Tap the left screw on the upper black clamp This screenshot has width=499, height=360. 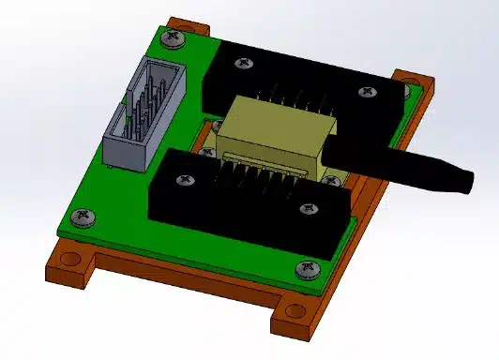[x=244, y=64]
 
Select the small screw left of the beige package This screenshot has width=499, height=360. [x=206, y=151]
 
